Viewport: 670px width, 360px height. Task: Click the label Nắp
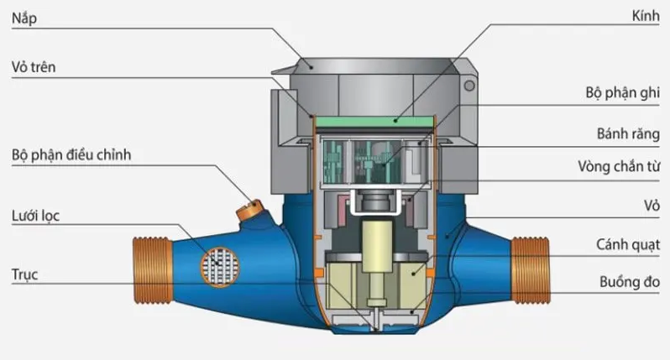click(24, 18)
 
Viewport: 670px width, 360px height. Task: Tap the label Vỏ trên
click(34, 67)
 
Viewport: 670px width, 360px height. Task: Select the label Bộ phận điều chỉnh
click(71, 154)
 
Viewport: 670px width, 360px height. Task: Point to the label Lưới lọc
click(35, 216)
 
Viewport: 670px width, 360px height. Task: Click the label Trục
click(25, 274)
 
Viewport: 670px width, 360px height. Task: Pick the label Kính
click(646, 16)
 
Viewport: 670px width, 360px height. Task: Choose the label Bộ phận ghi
click(623, 92)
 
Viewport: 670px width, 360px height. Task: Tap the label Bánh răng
click(628, 133)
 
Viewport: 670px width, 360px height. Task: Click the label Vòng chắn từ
click(619, 166)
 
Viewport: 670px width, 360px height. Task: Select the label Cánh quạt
click(628, 245)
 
